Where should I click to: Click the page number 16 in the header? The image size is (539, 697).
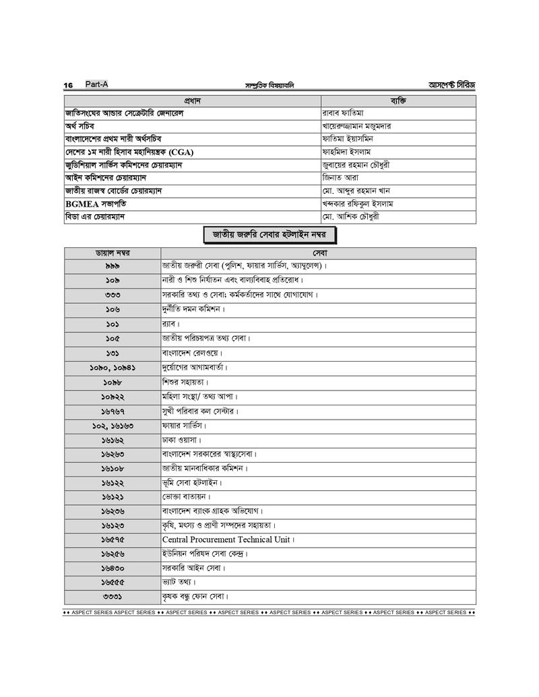(68, 86)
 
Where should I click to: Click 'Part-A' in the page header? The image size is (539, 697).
(96, 85)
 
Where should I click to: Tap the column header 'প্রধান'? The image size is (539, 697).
(193, 100)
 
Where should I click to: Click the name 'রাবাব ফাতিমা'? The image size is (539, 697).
(344, 113)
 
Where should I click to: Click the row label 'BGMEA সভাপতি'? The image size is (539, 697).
(96, 203)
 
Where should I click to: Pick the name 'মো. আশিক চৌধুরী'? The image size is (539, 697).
(353, 217)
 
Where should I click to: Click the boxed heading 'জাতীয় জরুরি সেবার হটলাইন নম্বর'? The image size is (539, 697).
(269, 235)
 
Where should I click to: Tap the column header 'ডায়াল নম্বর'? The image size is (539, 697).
(113, 253)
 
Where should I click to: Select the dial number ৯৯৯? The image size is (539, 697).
(113, 266)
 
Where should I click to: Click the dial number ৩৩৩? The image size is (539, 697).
(113, 295)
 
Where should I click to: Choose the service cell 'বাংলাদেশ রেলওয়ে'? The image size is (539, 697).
(192, 353)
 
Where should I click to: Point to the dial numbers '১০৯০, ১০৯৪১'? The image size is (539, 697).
(113, 368)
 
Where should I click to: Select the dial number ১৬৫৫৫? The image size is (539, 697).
(113, 583)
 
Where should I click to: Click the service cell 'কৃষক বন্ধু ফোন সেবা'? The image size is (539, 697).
(195, 597)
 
